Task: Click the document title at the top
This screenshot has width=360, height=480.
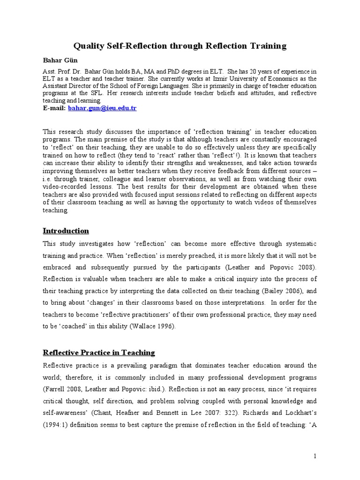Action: click(180, 45)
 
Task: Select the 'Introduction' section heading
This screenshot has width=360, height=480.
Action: click(66, 231)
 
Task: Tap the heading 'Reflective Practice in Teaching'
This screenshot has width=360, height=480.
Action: click(98, 352)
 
